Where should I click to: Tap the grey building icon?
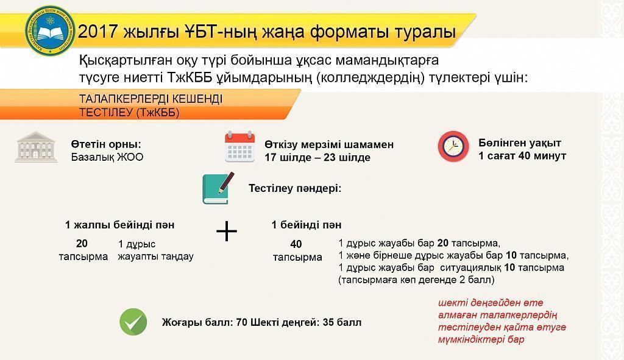click(x=36, y=146)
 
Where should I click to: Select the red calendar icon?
click(x=239, y=146)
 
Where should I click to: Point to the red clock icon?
click(x=453, y=146)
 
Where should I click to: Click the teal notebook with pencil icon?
click(x=218, y=188)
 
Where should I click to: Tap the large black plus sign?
click(x=227, y=231)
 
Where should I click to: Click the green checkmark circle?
click(x=133, y=322)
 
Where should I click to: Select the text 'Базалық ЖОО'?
click(x=107, y=157)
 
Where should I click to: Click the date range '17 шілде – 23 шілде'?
click(x=317, y=157)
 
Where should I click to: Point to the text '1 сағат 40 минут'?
click(x=522, y=156)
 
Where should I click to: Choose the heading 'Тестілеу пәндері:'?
click(x=295, y=188)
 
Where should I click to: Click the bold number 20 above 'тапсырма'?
click(x=82, y=243)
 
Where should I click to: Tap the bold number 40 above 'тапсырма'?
click(x=296, y=244)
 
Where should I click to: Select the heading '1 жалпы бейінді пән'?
click(x=120, y=225)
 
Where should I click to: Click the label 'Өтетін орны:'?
click(x=106, y=145)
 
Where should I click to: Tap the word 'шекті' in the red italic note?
click(x=450, y=303)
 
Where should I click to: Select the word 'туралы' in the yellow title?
click(x=424, y=32)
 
